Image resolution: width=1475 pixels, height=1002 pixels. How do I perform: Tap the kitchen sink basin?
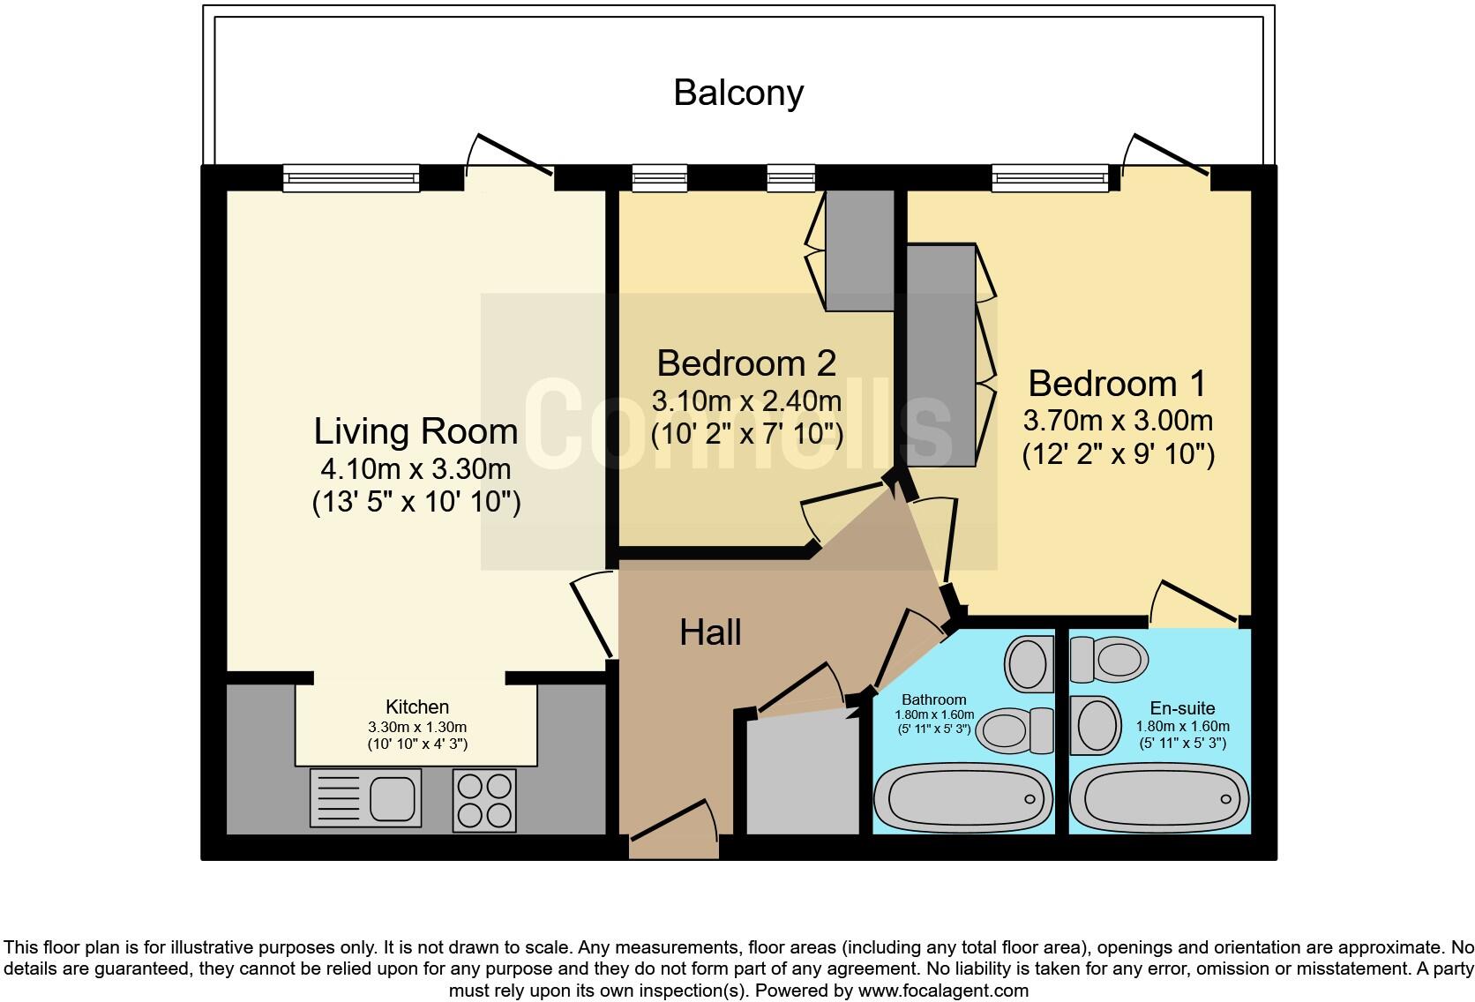393,798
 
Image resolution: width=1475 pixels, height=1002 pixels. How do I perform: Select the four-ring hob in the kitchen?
484,800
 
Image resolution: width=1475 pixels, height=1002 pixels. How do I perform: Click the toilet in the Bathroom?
1015,730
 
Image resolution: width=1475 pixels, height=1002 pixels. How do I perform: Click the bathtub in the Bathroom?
963,798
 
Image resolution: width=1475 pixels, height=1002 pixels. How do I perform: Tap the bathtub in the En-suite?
1159,798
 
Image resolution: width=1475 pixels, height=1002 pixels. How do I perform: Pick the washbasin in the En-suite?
1095,725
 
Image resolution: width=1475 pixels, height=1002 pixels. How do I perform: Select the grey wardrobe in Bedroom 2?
860,250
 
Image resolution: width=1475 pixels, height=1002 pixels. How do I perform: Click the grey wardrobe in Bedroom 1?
941,355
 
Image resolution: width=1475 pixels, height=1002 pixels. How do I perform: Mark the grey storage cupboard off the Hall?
803,777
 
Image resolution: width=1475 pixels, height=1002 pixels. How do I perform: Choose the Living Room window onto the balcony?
351,178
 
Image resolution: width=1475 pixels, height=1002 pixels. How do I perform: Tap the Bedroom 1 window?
1051,178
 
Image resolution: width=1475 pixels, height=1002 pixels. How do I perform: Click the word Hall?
710,632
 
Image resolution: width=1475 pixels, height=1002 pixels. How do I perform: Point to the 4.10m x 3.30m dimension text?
416,469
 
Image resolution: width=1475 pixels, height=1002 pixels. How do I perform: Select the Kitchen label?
417,707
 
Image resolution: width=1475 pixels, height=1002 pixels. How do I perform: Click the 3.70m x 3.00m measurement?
1118,421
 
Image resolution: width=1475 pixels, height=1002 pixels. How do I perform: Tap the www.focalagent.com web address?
944,991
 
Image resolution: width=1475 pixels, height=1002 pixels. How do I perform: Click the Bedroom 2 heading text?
746,363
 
